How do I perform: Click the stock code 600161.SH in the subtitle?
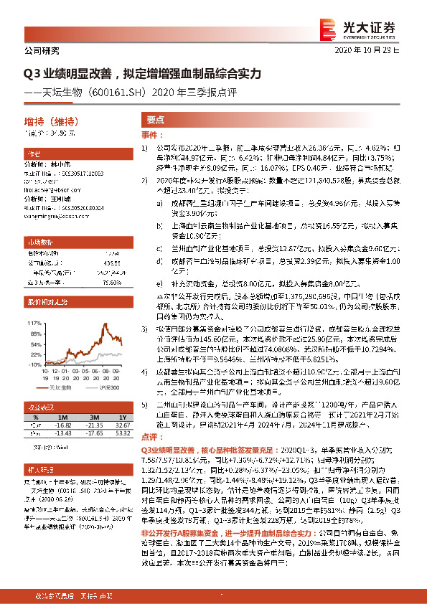click(122, 91)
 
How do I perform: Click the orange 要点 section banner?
click(156, 121)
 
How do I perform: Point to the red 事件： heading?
click(149, 136)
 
